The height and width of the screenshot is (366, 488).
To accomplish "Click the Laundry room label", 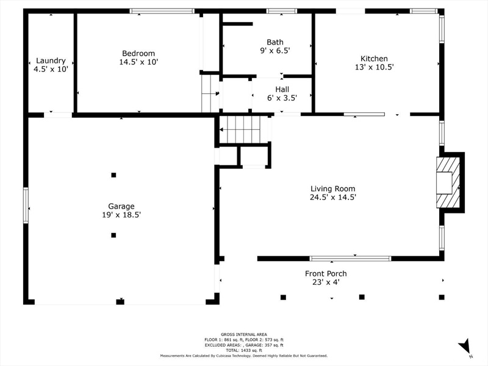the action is click(x=51, y=60).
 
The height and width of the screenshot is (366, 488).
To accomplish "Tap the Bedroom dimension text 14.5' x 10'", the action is click(x=139, y=62).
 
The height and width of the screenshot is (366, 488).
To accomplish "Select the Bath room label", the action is click(x=275, y=42).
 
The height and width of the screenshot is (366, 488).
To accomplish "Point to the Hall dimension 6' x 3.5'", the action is click(x=282, y=98).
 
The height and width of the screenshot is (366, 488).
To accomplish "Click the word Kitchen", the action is click(x=374, y=59).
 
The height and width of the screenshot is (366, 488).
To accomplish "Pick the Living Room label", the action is click(x=332, y=188).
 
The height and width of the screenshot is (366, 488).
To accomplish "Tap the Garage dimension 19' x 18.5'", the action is click(x=121, y=215).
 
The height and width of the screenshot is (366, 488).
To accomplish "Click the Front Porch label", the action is click(x=326, y=273).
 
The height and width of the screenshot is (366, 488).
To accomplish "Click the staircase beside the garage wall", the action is click(x=243, y=129).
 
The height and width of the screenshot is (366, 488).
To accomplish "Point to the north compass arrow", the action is click(x=464, y=346).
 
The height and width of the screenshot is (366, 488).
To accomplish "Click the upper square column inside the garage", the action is click(x=113, y=175).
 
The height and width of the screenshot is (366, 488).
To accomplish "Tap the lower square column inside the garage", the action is click(x=113, y=235).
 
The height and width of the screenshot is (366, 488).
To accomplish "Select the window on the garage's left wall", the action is click(x=26, y=205).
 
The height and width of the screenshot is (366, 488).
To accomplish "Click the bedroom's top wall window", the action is click(x=162, y=11).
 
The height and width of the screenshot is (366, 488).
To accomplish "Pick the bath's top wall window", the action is click(x=282, y=11).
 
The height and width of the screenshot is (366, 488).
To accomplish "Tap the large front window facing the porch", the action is click(x=350, y=258).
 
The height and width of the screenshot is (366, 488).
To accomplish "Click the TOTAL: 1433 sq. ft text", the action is click(x=244, y=350).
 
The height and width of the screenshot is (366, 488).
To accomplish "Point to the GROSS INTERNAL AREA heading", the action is click(x=244, y=334).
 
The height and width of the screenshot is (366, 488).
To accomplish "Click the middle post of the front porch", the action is click(x=362, y=297).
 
